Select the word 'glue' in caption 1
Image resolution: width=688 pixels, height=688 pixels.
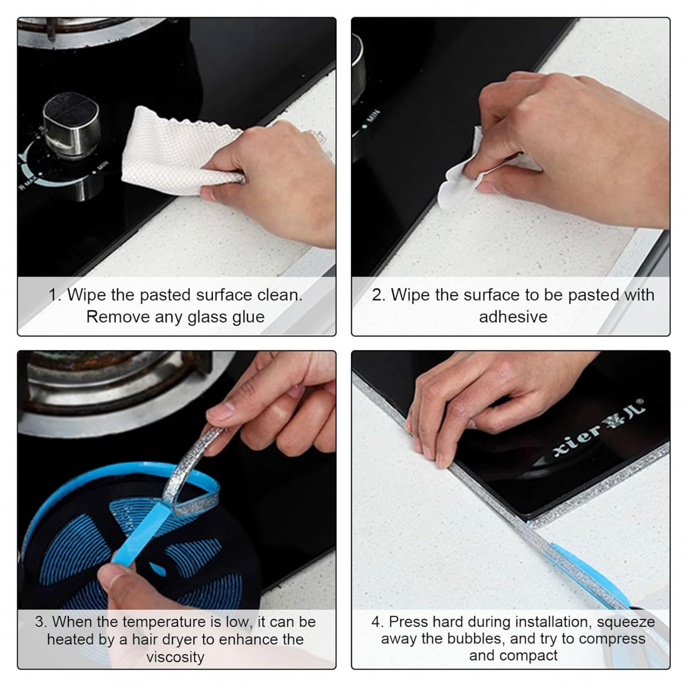point(248,318)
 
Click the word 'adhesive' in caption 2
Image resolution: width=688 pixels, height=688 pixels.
point(513,317)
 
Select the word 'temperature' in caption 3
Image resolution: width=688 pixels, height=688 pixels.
point(164,622)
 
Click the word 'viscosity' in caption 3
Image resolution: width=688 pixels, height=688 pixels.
point(175,657)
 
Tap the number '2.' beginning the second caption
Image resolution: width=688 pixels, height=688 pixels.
point(379,295)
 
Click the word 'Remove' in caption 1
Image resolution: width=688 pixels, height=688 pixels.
point(118,317)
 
